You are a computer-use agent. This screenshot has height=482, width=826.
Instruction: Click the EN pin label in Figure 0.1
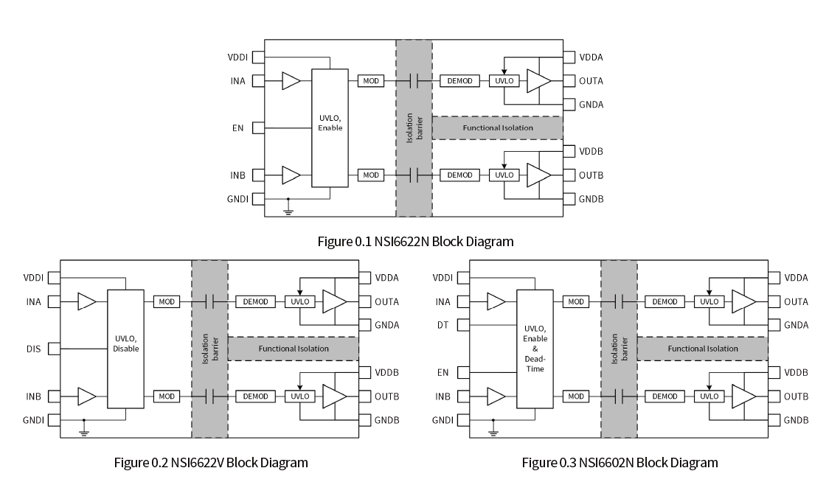(237, 128)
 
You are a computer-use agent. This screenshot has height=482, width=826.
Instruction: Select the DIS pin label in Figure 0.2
(32, 349)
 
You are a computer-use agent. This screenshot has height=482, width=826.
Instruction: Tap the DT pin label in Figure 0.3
(442, 324)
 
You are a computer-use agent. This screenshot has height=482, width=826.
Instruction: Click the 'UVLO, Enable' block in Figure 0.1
(330, 128)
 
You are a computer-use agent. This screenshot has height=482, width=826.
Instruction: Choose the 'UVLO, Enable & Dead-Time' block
(535, 349)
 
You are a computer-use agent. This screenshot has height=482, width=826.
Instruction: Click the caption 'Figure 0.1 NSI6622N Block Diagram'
(415, 241)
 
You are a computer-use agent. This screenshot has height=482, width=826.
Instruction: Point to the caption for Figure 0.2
(211, 463)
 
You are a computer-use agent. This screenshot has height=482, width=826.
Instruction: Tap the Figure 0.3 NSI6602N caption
(619, 463)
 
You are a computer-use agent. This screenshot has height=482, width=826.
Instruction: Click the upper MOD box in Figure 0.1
(370, 81)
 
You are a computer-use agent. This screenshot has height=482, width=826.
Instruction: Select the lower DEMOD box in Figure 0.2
(256, 397)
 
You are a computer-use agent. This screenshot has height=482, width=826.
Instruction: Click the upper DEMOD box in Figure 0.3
(664, 301)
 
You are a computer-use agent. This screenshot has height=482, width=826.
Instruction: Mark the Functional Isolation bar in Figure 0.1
(497, 128)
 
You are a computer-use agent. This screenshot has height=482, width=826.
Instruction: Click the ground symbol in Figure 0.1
(288, 211)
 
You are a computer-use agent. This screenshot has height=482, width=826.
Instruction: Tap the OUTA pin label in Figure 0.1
(591, 81)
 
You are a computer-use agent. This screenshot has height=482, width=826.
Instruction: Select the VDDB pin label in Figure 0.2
(386, 372)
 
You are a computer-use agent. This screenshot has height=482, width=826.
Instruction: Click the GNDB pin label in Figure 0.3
(796, 420)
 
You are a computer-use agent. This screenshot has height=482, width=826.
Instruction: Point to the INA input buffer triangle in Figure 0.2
(87, 301)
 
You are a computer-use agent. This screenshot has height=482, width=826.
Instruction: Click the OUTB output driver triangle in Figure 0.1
(538, 175)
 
